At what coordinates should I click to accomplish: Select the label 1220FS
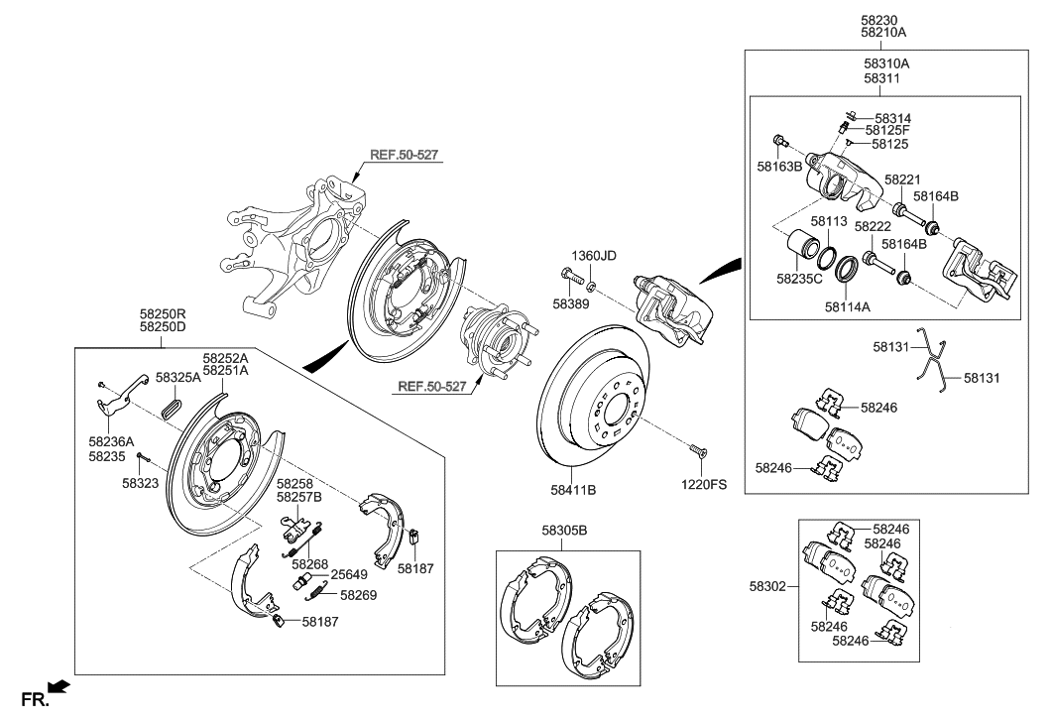(703, 485)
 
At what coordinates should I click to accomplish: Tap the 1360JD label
(593, 256)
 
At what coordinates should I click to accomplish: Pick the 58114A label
(846, 307)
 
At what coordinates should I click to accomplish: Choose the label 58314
(891, 117)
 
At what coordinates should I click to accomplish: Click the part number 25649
(349, 574)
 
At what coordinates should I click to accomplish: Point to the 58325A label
(177, 378)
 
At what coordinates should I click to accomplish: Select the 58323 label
(142, 483)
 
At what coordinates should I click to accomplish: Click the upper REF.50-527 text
(405, 156)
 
